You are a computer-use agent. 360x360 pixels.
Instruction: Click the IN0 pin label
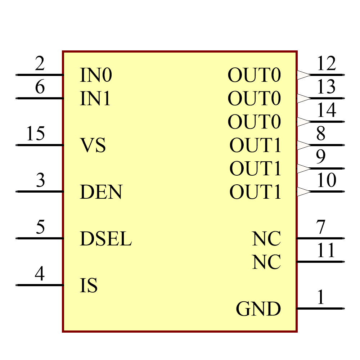[96, 75]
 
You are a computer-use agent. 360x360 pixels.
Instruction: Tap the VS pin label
[93, 145]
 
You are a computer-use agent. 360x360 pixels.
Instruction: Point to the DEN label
[101, 192]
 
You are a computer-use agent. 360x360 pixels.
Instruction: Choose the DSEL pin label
[105, 239]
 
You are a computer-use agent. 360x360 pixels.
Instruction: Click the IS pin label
[89, 285]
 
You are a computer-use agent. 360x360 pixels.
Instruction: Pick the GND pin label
[258, 309]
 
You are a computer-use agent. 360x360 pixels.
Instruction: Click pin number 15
[35, 134]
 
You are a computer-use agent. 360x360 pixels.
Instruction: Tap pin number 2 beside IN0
[40, 64]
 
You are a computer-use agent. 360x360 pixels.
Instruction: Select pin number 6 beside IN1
[40, 87]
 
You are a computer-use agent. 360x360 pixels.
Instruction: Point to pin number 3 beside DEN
[40, 180]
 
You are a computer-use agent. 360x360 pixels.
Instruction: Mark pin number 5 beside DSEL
[40, 227]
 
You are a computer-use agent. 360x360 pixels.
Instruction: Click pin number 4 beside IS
[40, 274]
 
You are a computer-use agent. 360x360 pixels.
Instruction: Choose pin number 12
[326, 64]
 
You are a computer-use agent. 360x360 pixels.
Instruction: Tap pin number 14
[326, 110]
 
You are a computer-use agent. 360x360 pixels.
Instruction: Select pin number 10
[326, 180]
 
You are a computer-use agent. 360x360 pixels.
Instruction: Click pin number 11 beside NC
[326, 250]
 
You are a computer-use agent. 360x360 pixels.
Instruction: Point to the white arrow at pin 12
[303, 75]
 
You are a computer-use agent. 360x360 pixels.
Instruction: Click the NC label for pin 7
[266, 239]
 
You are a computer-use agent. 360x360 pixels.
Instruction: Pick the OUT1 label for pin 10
[255, 192]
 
